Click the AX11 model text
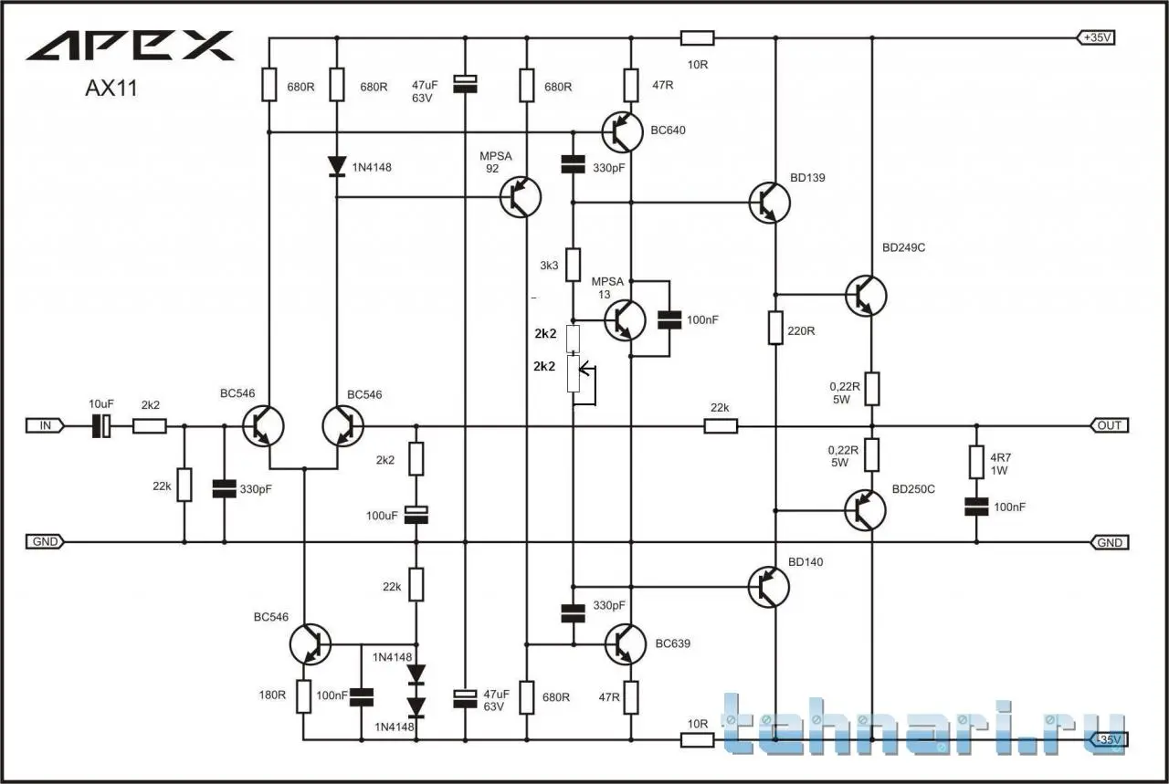point(111,89)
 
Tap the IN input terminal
point(45,425)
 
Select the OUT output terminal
point(1110,425)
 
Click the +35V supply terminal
point(1099,38)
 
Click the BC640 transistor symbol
point(623,133)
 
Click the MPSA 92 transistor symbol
point(521,196)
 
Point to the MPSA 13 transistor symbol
point(626,319)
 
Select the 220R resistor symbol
point(775,327)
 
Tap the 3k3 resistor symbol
point(574,265)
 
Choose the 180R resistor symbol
point(304,695)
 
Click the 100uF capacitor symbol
point(416,515)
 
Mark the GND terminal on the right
point(1110,542)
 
